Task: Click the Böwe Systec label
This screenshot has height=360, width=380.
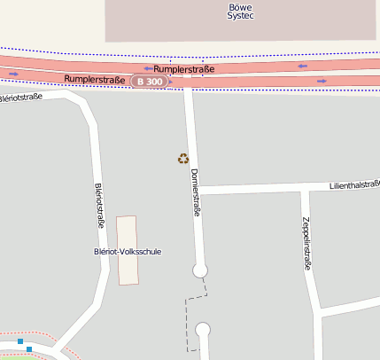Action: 240,11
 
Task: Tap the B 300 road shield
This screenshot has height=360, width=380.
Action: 149,82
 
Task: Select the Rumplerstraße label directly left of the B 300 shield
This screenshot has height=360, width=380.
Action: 95,80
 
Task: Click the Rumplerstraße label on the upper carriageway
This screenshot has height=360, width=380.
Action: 183,68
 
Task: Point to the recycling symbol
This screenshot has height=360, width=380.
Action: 183,159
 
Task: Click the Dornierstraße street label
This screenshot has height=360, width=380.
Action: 196,192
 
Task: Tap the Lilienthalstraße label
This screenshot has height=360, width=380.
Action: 353,185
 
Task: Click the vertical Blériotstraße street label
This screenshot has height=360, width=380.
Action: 99,206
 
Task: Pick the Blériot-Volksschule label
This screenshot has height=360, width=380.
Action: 128,252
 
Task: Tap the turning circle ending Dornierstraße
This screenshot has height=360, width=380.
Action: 200,270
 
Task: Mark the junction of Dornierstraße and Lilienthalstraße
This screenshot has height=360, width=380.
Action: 196,189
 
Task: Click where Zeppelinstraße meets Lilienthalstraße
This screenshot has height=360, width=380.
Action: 304,188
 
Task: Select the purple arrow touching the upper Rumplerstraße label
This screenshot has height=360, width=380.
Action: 149,68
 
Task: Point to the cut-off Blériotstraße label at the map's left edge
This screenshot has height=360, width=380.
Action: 21,97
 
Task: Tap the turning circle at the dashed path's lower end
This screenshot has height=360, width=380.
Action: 203,331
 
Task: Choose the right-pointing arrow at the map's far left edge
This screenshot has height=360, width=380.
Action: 13,74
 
